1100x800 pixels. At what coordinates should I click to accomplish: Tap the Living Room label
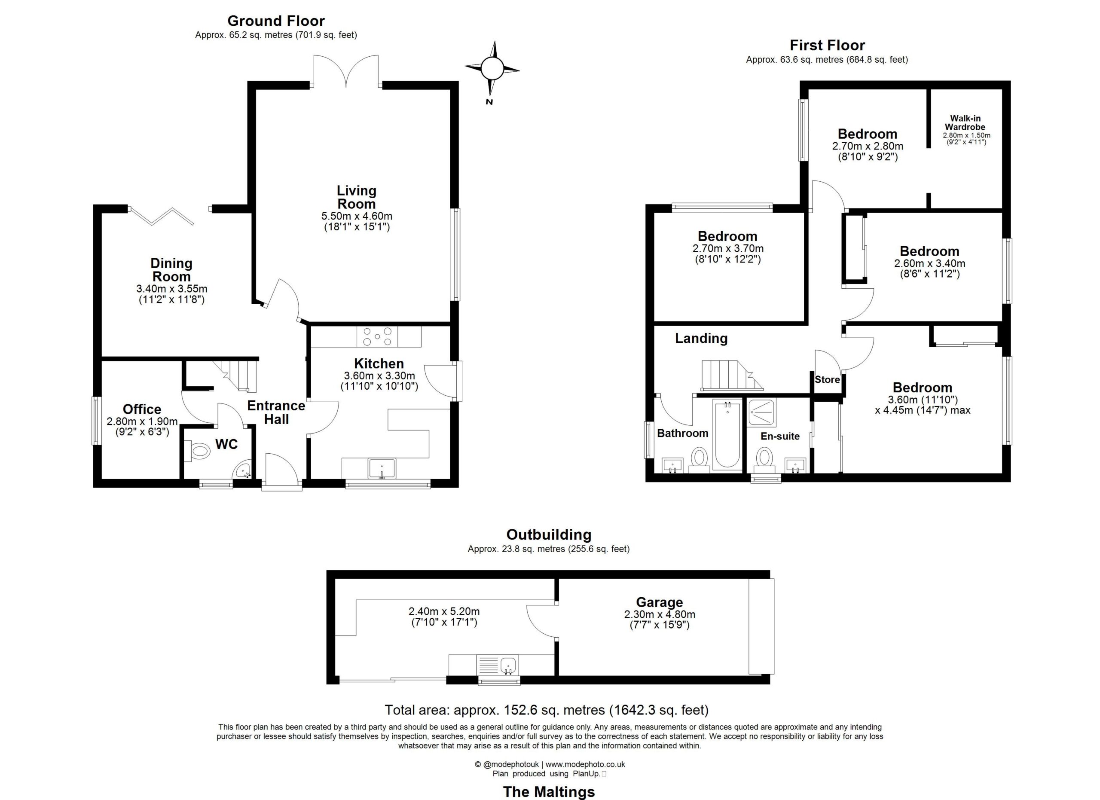coord(357,197)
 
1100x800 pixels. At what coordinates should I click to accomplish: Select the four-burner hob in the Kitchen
coord(377,336)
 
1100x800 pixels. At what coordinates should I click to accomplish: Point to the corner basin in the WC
coord(242,470)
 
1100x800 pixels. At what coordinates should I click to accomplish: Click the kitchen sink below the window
coord(382,469)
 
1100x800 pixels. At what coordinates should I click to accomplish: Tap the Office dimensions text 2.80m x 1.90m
coord(142,421)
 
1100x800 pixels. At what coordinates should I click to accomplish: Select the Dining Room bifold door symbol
coord(162,216)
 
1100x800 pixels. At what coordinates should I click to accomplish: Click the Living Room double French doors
coord(346,72)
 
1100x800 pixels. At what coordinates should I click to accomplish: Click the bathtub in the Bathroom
coord(727,434)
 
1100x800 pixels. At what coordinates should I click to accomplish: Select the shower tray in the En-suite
coord(762,412)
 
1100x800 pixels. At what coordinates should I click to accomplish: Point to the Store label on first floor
coord(827,380)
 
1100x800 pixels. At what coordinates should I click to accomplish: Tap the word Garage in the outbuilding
coord(659,602)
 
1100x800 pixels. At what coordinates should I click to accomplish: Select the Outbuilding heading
coord(549,534)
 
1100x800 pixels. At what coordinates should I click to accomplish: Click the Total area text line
coord(547,710)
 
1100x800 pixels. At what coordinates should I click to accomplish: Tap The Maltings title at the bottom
coord(549,792)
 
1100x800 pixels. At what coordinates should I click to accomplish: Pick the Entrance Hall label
coord(276,412)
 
